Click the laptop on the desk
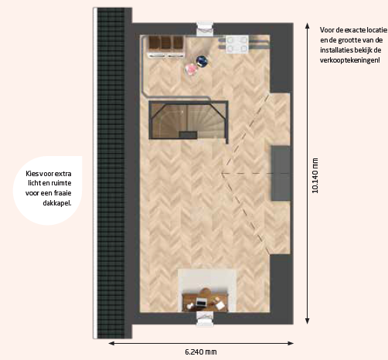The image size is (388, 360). coord(201,302)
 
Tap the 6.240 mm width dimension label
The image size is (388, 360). coord(201,352)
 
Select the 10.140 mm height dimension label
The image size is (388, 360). coord(315,175)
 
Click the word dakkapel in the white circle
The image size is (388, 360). coord(57,203)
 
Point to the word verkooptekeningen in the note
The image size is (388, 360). coord(349,60)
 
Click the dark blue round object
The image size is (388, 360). coord(202,61)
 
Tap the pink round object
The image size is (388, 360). coord(191,69)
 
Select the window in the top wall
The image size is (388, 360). coord(205,29)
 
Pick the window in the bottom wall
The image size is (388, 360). coord(205,319)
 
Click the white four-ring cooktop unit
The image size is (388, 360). coord(237,44)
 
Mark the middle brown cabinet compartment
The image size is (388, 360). coord(166,42)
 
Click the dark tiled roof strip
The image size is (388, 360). coord(111,173)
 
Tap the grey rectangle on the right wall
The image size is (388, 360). coord(280,173)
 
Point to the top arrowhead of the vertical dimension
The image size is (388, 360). coord(307,25)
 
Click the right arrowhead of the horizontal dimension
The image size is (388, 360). coord(291,343)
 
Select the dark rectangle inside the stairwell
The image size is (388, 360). coord(188,134)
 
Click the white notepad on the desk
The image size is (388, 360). coord(220,305)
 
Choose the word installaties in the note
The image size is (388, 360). coord(332,49)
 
